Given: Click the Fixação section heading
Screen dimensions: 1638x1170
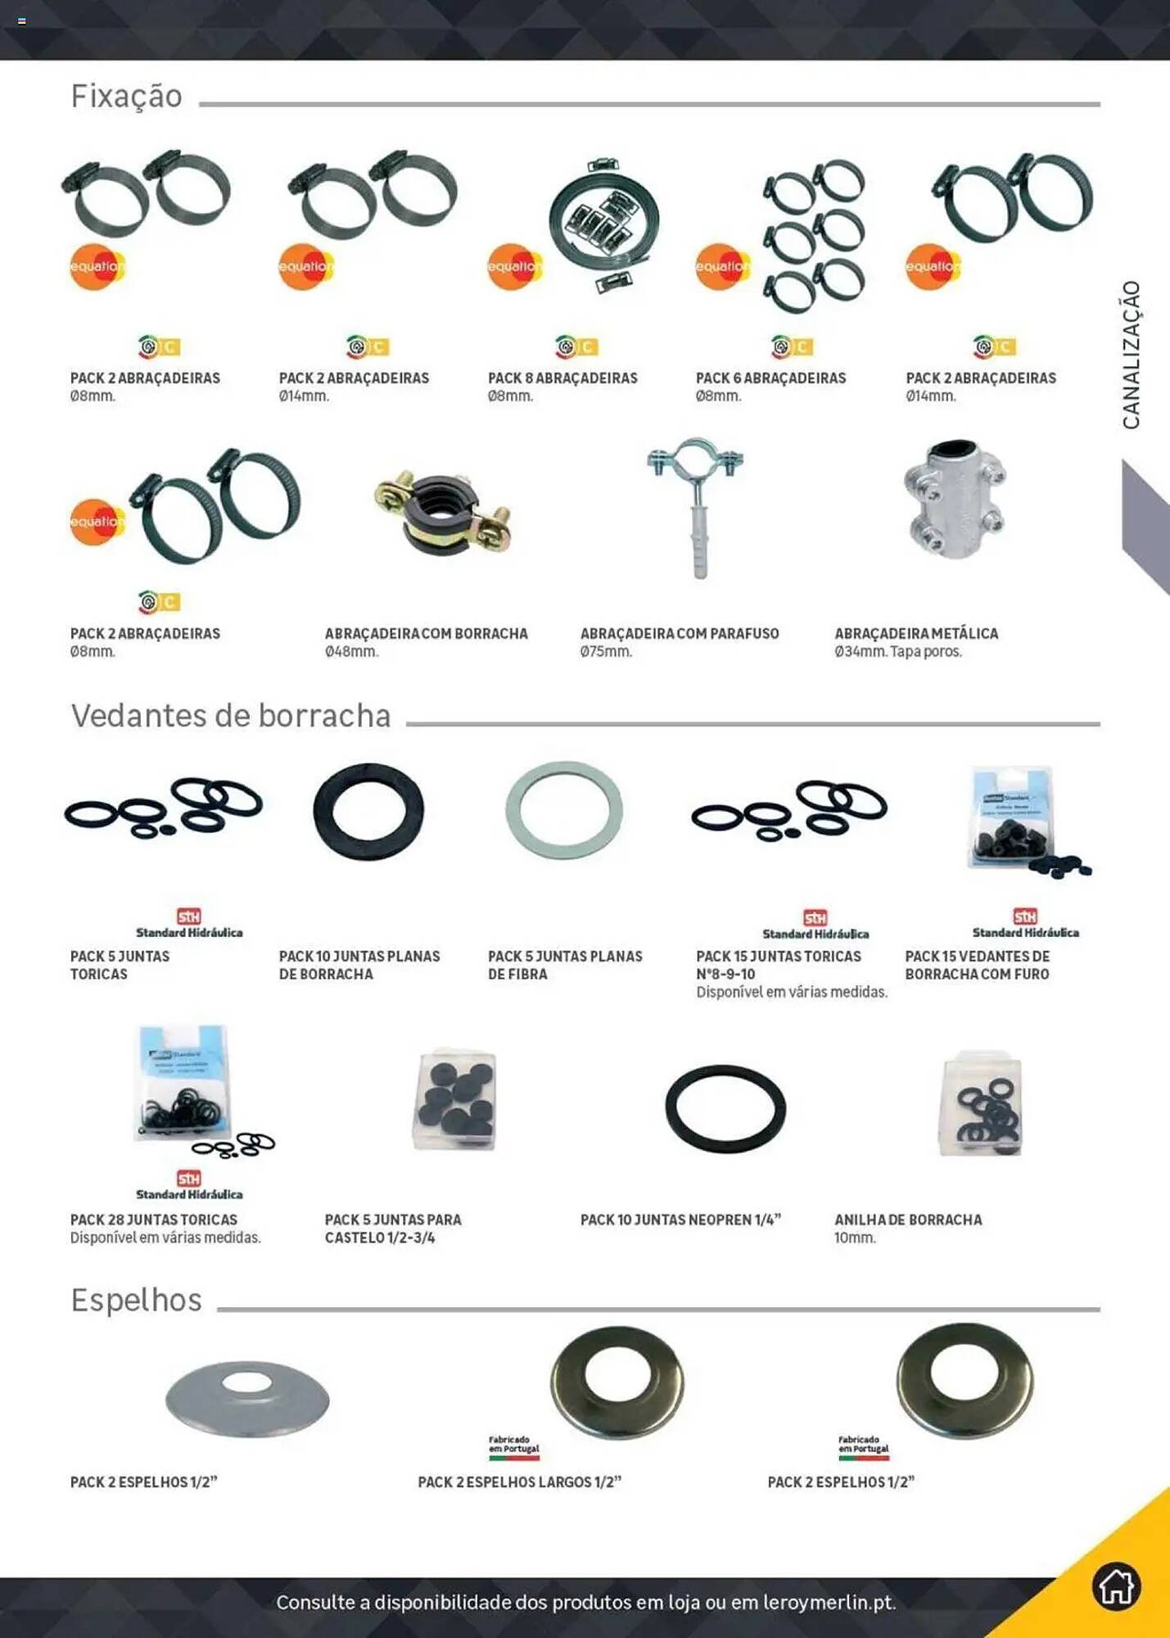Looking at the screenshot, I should [x=127, y=97].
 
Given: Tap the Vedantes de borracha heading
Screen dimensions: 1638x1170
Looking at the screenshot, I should [x=231, y=716].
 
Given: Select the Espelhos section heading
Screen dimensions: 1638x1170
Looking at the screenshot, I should [x=136, y=1301].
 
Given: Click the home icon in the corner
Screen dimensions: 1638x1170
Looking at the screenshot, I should [x=1116, y=1586].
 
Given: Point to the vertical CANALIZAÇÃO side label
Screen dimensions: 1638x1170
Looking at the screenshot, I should [x=1131, y=355].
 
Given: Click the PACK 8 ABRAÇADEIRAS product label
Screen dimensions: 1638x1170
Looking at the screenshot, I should [x=562, y=378].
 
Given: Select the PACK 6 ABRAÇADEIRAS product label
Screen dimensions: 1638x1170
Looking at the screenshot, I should [x=770, y=378].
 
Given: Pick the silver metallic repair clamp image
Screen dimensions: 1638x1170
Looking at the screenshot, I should [x=955, y=499].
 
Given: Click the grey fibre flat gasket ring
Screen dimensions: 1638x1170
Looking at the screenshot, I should [x=564, y=810].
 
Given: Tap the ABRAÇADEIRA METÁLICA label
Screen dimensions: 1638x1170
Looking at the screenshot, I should [x=916, y=634].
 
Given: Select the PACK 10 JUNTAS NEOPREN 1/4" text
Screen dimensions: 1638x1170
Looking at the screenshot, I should [x=680, y=1220].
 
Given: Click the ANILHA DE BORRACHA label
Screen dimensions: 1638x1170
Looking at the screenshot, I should [x=908, y=1220].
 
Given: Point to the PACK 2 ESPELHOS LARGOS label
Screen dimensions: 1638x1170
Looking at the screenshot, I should [x=519, y=1482].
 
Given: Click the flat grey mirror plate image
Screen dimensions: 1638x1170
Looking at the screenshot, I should [x=247, y=1399].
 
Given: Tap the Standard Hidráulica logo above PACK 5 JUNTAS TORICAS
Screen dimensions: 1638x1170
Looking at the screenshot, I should [x=189, y=923].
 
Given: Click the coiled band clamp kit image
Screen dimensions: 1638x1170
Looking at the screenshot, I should [x=604, y=223].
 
